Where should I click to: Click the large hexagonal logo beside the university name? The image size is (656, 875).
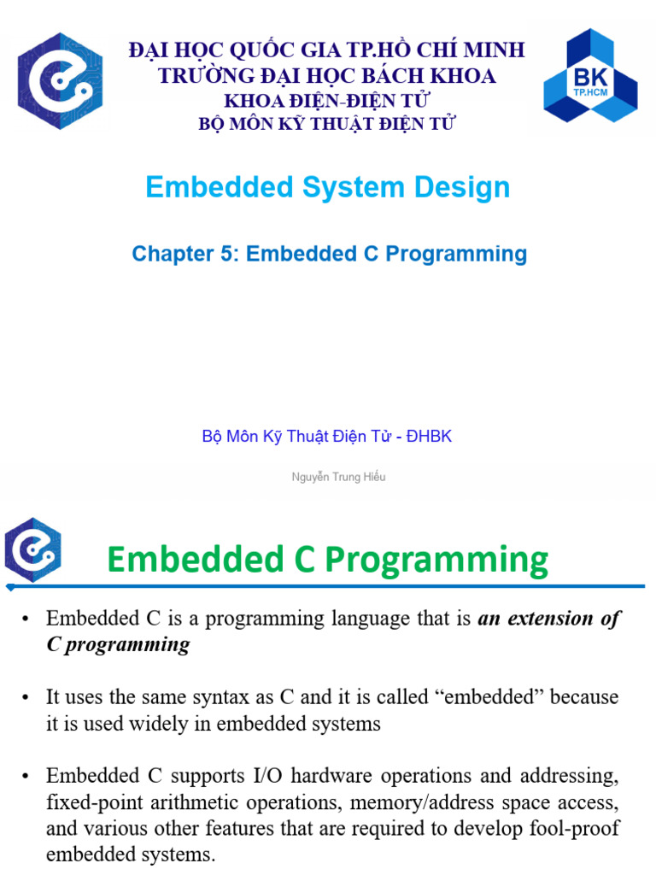pos(60,81)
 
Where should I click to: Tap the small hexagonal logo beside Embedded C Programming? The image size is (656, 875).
pos(32,550)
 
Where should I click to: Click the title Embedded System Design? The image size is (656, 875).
pos(327,187)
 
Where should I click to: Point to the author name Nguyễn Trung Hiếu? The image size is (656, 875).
pos(338,477)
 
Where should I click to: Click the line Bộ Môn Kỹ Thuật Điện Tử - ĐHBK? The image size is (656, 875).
pos(327,437)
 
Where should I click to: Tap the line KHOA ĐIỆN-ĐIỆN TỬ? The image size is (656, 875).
pos(327,101)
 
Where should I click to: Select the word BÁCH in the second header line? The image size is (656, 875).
pos(373,75)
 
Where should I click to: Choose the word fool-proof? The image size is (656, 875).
pos(574,830)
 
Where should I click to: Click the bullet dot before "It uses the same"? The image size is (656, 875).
pos(26,698)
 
